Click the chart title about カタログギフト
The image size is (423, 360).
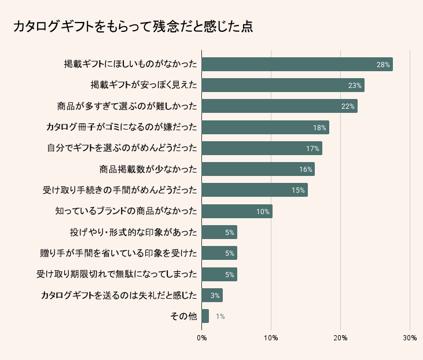pyautogui.click(x=133, y=27)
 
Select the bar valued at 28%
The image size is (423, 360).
pyautogui.click(x=297, y=64)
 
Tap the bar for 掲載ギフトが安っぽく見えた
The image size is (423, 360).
pyautogui.click(x=282, y=85)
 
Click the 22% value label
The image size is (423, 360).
pyautogui.click(x=348, y=106)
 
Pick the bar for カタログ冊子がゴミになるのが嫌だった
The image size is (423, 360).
pyautogui.click(x=265, y=127)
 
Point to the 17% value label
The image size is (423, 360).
pyautogui.click(x=312, y=149)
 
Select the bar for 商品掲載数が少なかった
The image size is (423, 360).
pyautogui.click(x=258, y=170)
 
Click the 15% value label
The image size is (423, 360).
pyautogui.click(x=298, y=190)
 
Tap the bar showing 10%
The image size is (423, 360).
pyautogui.click(x=237, y=211)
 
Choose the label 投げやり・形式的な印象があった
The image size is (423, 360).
pyautogui.click(x=133, y=233)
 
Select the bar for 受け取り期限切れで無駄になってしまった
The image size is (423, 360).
pyautogui.click(x=219, y=274)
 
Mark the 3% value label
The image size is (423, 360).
pyautogui.click(x=215, y=296)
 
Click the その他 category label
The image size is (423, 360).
pyautogui.click(x=183, y=317)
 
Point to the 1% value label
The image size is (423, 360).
pyautogui.click(x=220, y=317)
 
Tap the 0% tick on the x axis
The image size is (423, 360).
pyautogui.click(x=201, y=337)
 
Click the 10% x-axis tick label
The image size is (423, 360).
pyautogui.click(x=271, y=337)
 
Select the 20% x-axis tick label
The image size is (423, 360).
pyautogui.click(x=340, y=337)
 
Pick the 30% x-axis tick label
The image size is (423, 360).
pyautogui.click(x=409, y=337)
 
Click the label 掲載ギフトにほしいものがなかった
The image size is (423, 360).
pyautogui.click(x=130, y=64)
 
